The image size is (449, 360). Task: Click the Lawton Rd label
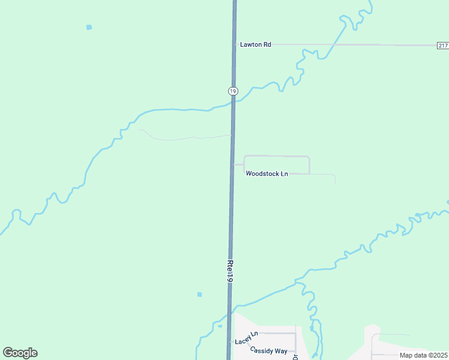[x=256, y=44]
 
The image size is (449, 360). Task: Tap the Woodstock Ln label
[x=267, y=174]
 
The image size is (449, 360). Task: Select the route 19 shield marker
[x=233, y=91]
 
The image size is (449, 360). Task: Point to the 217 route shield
[x=442, y=46]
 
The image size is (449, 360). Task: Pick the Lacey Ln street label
[x=246, y=338]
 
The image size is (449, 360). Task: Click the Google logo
[x=20, y=353]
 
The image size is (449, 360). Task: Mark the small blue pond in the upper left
[x=89, y=27]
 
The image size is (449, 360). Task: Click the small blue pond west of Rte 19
[x=199, y=295]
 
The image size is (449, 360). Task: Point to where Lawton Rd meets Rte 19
[x=234, y=44]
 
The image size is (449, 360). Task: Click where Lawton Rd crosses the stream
[x=335, y=44]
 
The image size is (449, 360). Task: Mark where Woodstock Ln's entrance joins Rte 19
[x=232, y=164]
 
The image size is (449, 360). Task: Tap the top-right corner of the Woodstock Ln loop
[x=309, y=157]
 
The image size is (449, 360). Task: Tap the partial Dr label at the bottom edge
[x=295, y=356]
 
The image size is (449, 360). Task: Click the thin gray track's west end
[x=140, y=130]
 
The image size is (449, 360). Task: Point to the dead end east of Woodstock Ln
[x=335, y=182]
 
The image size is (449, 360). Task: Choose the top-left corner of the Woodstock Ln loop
[x=244, y=157]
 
